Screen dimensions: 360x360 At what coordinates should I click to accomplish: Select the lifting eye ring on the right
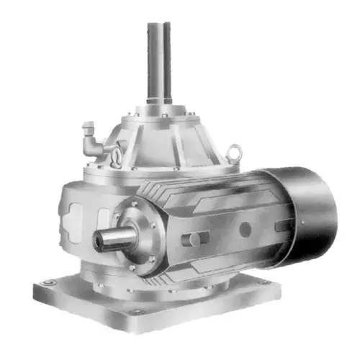coord(233,152)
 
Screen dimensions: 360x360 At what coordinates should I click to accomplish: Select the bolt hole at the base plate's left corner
coord(47,282)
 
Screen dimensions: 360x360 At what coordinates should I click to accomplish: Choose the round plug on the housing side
coord(245,230)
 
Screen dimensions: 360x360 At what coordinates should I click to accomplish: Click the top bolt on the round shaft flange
coord(135,203)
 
